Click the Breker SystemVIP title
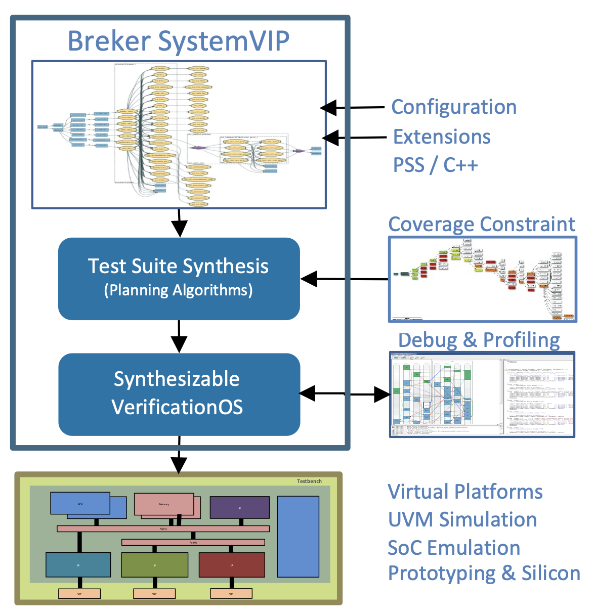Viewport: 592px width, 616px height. tap(179, 41)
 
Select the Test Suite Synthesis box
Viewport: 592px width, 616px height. tap(179, 278)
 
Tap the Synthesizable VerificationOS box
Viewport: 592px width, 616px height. tap(179, 393)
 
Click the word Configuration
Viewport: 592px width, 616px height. tap(454, 107)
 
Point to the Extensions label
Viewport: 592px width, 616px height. tap(442, 137)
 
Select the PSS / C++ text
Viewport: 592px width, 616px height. tap(435, 165)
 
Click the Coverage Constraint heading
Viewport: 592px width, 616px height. tap(482, 224)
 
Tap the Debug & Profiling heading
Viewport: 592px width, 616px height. tap(479, 340)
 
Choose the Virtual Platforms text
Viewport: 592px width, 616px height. tap(465, 492)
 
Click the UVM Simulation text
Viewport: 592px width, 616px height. tap(462, 519)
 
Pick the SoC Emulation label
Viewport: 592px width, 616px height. tap(453, 548)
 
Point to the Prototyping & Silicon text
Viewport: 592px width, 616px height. tap(484, 574)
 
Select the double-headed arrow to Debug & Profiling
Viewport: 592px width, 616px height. tap(345, 393)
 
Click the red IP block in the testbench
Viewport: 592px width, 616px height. tap(232, 565)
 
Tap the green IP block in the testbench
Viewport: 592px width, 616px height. tap(154, 565)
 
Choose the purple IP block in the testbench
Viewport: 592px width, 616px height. tap(239, 508)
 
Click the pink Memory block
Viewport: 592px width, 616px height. tap(163, 504)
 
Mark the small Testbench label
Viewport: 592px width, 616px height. tap(309, 481)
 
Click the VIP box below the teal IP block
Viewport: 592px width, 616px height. tap(79, 594)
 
